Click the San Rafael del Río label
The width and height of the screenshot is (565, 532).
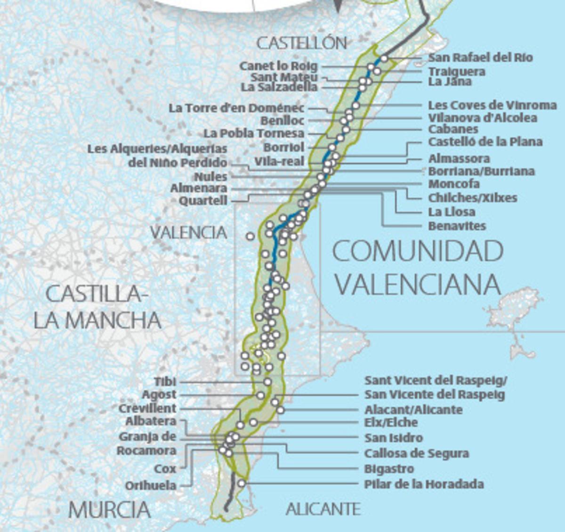(x=480, y=57)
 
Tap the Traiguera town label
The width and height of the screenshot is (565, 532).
(x=456, y=72)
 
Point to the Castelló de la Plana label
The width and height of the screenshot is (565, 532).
(x=485, y=142)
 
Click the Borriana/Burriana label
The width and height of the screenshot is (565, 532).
(x=481, y=171)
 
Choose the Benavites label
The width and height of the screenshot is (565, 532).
(x=457, y=226)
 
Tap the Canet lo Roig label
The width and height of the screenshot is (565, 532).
(x=278, y=66)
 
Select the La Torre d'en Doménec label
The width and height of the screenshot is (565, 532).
(x=236, y=108)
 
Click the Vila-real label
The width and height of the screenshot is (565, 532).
(x=279, y=161)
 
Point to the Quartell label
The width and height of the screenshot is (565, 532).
(x=203, y=201)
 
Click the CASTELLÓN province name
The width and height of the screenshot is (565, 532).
(x=301, y=43)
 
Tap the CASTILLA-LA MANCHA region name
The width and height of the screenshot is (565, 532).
(x=97, y=307)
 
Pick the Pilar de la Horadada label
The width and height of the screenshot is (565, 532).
(x=424, y=484)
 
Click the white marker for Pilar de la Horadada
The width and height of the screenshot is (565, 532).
(x=242, y=483)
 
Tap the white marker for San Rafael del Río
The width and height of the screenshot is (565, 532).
(x=384, y=58)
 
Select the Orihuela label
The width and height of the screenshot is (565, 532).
(x=151, y=485)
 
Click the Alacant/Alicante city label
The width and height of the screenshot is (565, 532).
(x=413, y=409)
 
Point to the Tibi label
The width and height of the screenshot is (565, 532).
(x=165, y=382)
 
